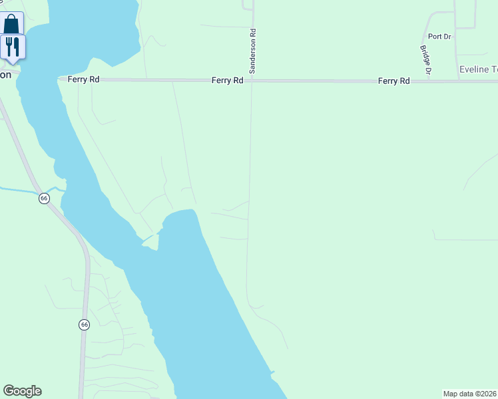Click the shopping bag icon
[11, 25]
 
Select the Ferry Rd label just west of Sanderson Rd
[227, 80]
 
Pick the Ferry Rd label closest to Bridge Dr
[393, 80]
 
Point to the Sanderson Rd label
[253, 51]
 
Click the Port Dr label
[439, 37]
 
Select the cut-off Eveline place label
[478, 69]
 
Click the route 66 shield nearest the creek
[44, 198]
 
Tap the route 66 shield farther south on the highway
[83, 325]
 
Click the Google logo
[22, 391]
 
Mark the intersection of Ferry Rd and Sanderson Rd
[251, 80]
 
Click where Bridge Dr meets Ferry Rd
[431, 80]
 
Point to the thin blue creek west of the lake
[27, 191]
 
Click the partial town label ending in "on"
[5, 74]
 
